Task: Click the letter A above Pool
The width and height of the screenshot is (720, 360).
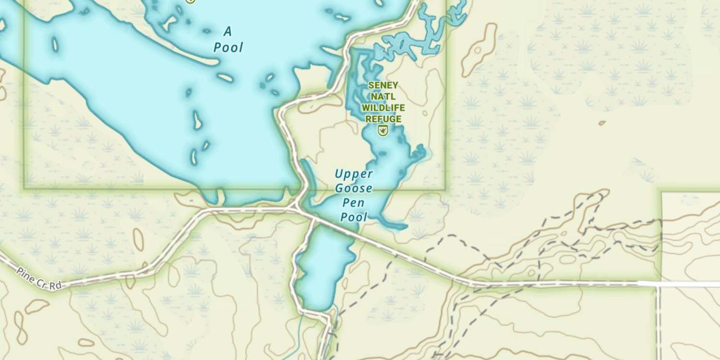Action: click(228, 32)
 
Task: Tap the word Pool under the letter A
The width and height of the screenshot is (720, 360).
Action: click(228, 48)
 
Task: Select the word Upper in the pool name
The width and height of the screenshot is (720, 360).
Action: click(354, 173)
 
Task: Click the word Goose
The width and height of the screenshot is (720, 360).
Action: click(354, 188)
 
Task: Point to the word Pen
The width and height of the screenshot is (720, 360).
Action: click(354, 203)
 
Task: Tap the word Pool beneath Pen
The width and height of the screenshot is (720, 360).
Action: click(354, 217)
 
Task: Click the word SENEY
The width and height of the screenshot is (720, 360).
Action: click(383, 85)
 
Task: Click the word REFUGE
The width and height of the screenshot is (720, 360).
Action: click(383, 119)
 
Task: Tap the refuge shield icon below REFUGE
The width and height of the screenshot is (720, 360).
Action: click(383, 130)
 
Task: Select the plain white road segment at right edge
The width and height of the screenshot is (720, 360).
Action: click(689, 284)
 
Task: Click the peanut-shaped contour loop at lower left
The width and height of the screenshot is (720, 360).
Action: click(20, 326)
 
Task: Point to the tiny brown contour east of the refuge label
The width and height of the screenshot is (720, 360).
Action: click(602, 123)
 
